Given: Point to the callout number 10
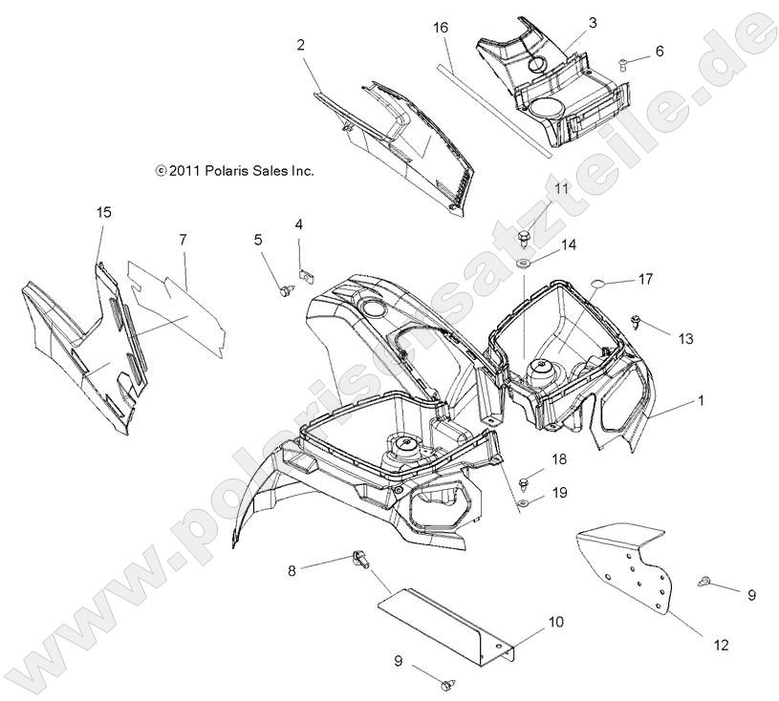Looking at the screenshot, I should click(x=554, y=622).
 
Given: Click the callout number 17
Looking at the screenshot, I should click(x=646, y=279).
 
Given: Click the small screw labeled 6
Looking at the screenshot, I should click(x=622, y=63).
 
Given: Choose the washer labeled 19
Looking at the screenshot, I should click(x=527, y=501).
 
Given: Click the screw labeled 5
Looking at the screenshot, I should click(x=284, y=289).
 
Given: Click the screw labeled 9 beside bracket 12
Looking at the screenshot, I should click(x=706, y=580).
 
